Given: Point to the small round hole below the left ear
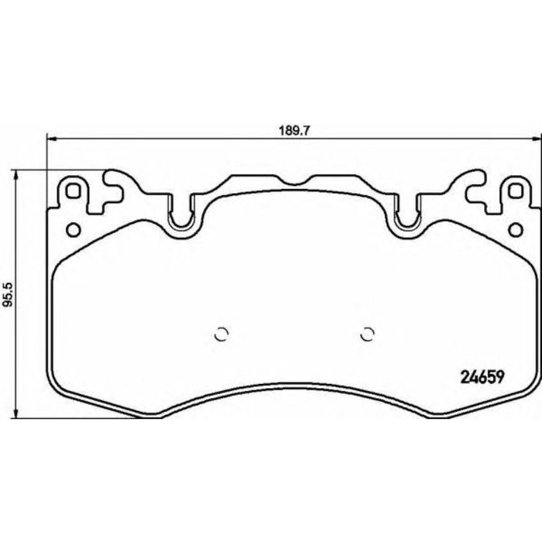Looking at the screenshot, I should coord(74,229).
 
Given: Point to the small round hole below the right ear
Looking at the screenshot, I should coord(513,229).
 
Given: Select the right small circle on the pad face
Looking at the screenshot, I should coord(367,334).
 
